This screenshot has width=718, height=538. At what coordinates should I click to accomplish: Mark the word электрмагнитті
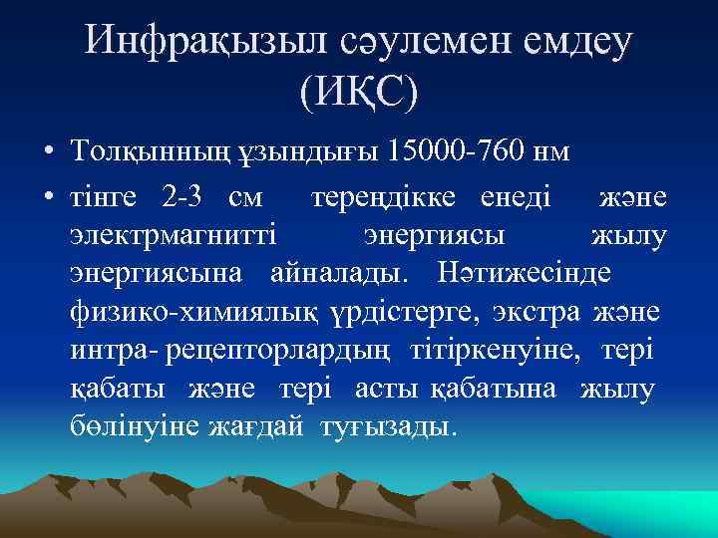point(176,236)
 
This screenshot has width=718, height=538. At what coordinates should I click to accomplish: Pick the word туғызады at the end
point(389,427)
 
